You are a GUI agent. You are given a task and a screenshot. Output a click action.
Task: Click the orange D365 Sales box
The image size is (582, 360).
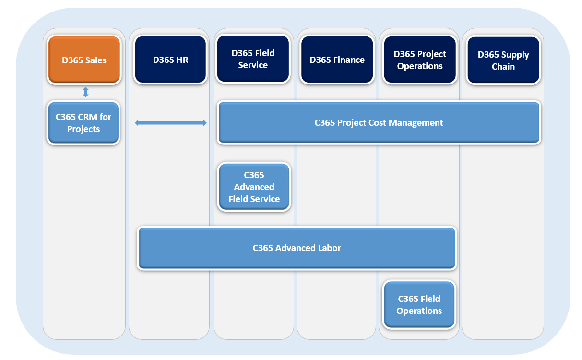tap(84, 60)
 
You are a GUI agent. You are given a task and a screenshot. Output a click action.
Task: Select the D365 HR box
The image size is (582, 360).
tap(170, 60)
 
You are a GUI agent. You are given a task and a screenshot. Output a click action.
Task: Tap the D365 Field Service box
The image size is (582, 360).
tap(253, 59)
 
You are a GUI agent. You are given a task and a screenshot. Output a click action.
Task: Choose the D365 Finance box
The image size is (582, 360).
tap(337, 60)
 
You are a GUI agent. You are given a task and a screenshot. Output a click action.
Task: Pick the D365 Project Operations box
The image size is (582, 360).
tap(420, 60)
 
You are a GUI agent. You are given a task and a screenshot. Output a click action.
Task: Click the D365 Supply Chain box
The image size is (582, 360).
tap(503, 60)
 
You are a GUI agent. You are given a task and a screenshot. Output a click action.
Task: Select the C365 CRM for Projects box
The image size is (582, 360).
tap(83, 123)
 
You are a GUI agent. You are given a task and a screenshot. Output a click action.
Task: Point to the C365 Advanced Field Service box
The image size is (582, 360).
tap(254, 187)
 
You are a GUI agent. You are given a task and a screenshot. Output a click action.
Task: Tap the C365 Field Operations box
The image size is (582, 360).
tap(419, 304)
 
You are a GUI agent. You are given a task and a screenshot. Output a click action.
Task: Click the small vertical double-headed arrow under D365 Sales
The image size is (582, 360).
tap(85, 92)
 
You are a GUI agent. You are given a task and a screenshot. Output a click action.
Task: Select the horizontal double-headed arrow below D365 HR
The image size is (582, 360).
tap(171, 123)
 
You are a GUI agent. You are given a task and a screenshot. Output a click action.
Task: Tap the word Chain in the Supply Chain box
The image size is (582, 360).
tap(503, 67)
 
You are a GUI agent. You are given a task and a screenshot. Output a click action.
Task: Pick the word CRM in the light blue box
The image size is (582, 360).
tap(87, 117)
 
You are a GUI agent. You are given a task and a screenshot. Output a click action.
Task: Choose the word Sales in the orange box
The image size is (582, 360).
tap(95, 60)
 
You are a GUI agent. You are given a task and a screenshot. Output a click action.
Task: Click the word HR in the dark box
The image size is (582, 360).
tap(182, 60)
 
